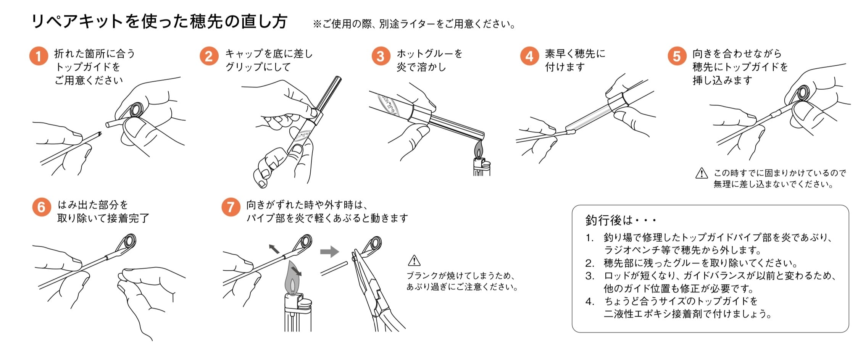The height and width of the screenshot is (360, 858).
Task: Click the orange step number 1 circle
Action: [39, 57]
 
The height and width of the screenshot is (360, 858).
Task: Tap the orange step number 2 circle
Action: [209, 57]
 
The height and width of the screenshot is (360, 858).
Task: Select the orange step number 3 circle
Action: [381, 57]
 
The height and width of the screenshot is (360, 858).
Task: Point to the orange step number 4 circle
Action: [529, 57]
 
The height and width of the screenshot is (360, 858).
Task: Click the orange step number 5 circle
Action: [677, 57]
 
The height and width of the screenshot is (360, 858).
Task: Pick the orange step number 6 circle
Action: [41, 207]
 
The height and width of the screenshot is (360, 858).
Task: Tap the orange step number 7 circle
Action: [231, 207]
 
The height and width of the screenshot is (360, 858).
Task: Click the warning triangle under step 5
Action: [702, 174]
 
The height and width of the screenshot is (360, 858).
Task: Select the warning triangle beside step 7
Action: [414, 261]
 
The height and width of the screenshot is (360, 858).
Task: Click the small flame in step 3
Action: [479, 150]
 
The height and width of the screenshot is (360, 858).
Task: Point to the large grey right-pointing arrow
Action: [329, 251]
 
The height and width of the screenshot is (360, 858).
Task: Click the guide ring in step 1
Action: [136, 110]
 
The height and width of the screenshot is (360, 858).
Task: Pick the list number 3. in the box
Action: [590, 276]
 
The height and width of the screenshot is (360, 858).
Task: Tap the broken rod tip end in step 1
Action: [99, 134]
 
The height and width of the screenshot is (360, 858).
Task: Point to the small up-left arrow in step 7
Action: [274, 249]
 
